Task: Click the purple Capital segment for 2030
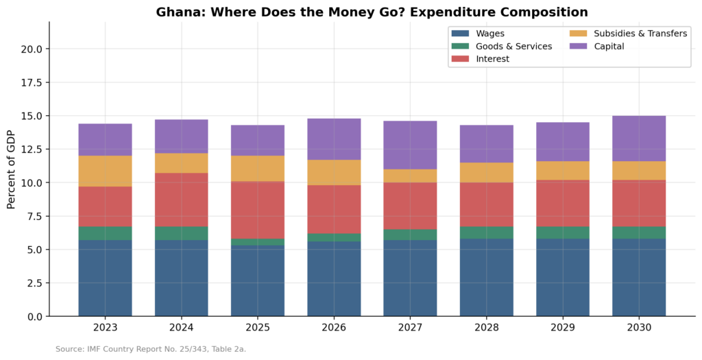pyautogui.click(x=639, y=139)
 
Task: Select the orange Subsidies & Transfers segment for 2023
pyautogui.click(x=105, y=171)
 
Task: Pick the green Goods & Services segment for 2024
pyautogui.click(x=182, y=233)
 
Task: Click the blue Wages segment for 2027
pyautogui.click(x=410, y=278)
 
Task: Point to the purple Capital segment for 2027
pyautogui.click(x=410, y=145)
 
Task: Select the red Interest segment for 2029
pyautogui.click(x=563, y=203)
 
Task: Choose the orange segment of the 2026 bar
pyautogui.click(x=334, y=172)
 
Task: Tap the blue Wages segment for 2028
pyautogui.click(x=486, y=277)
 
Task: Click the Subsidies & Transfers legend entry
pyautogui.click(x=628, y=33)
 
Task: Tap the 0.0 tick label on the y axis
pyautogui.click(x=34, y=316)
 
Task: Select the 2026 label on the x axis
pyautogui.click(x=334, y=328)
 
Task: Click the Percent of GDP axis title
pyautogui.click(x=11, y=169)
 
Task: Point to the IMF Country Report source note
pyautogui.click(x=151, y=349)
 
